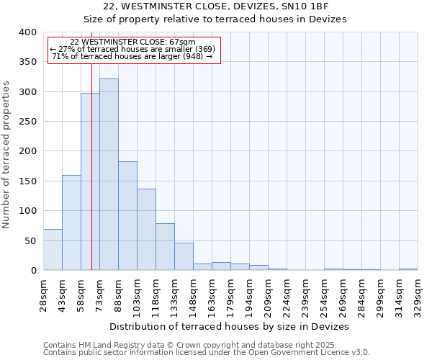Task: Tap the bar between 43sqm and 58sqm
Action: point(71,222)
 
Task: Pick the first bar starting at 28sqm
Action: point(53,250)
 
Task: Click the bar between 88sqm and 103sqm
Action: point(127,216)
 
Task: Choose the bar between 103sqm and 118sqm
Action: point(146,230)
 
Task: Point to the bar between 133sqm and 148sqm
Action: point(184,257)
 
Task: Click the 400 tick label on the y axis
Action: point(27,32)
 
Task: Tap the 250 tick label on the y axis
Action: point(27,122)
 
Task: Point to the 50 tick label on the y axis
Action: point(30,240)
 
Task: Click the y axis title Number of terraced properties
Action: point(6,154)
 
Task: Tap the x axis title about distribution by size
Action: point(230,326)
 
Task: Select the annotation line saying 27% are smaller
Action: point(132,49)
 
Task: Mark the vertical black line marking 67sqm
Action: point(91,166)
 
